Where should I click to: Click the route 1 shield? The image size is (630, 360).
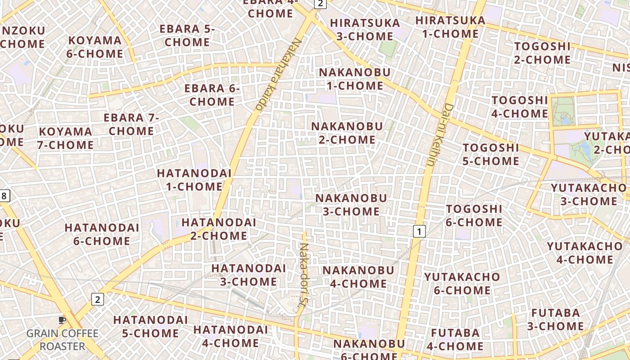pyautogui.click(x=419, y=231)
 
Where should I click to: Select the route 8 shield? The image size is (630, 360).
pyautogui.click(x=4, y=196)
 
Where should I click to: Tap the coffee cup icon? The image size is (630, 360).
pyautogui.click(x=62, y=320)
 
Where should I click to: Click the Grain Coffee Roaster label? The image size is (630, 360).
pyautogui.click(x=62, y=340)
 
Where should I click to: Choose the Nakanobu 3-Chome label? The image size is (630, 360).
pyautogui.click(x=351, y=205)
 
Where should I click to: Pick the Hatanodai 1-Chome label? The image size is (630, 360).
pyautogui.click(x=194, y=180)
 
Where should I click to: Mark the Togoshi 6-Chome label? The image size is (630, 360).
pyautogui.click(x=474, y=216)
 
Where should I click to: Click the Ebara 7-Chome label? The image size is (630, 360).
pyautogui.click(x=131, y=125)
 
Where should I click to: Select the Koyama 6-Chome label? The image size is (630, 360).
pyautogui.click(x=95, y=47)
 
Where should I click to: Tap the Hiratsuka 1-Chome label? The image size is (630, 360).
pyautogui.click(x=450, y=27)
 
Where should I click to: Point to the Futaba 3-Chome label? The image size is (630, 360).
pyautogui.click(x=555, y=319)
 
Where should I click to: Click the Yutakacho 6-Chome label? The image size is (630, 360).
pyautogui.click(x=462, y=283)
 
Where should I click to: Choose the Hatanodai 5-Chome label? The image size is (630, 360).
pyautogui.click(x=150, y=326)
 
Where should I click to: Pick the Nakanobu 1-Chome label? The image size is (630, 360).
pyautogui.click(x=355, y=79)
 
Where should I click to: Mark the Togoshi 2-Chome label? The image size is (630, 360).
pyautogui.click(x=542, y=53)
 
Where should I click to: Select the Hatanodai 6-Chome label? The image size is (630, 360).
pyautogui.click(x=102, y=234)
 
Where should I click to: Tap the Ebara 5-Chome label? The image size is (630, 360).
pyautogui.click(x=187, y=36)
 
